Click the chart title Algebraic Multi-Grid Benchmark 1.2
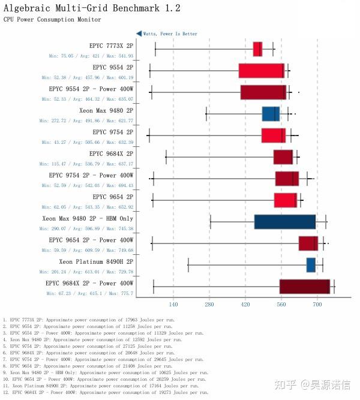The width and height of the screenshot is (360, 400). pyautogui.click(x=92, y=8)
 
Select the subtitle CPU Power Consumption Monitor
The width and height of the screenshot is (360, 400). pyautogui.click(x=52, y=20)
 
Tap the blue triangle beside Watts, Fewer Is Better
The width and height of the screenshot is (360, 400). pyautogui.click(x=139, y=34)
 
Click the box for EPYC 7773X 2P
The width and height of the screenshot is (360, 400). pyautogui.click(x=257, y=49)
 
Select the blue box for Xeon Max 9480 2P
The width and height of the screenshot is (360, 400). pyautogui.click(x=271, y=113)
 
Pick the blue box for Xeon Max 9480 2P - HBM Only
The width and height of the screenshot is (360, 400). pyautogui.click(x=284, y=221)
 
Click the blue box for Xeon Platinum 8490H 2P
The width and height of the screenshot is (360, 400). pyautogui.click(x=311, y=264)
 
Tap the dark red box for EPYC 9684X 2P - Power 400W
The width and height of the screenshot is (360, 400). pyautogui.click(x=304, y=286)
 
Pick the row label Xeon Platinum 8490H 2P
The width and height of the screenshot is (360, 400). pyautogui.click(x=96, y=261)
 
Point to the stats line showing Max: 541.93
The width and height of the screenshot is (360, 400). pyautogui.click(x=91, y=56)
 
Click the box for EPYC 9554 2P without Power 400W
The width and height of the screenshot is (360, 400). pyautogui.click(x=261, y=70)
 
